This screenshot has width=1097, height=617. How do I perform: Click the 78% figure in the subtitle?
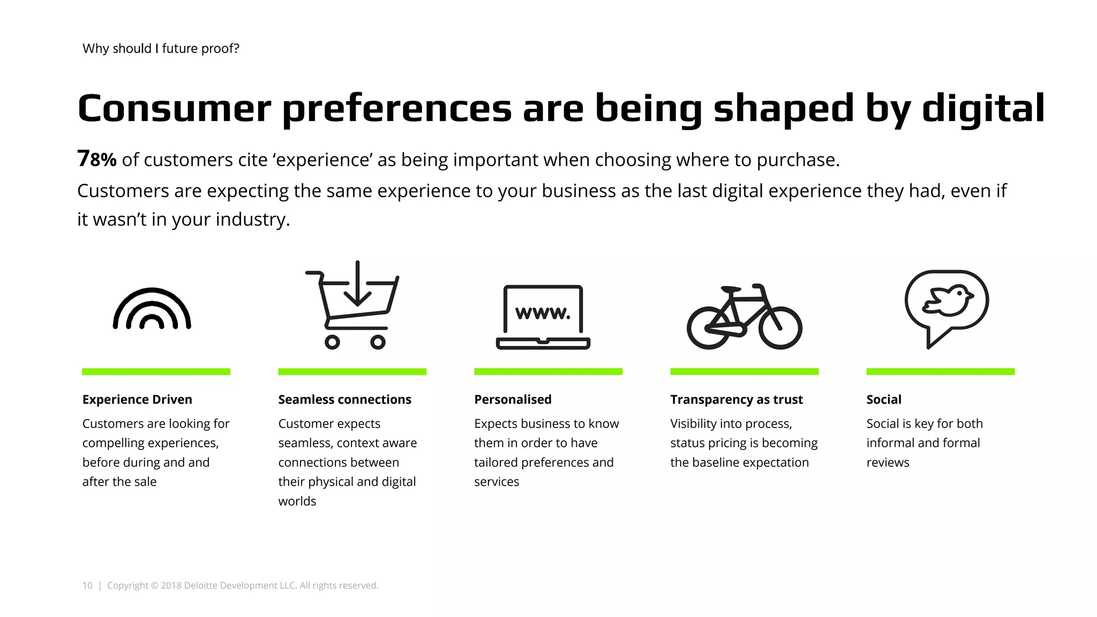(97, 159)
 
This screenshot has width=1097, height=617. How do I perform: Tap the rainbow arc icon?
(152, 309)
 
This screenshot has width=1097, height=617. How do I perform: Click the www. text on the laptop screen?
(543, 312)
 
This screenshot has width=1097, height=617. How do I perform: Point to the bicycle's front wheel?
(780, 328)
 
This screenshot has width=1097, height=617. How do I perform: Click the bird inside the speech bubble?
(946, 300)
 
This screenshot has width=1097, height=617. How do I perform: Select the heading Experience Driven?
(137, 400)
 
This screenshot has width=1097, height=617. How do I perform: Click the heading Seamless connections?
(344, 400)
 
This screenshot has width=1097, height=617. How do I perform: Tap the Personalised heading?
(513, 400)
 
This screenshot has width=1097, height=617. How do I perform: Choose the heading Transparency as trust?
(737, 400)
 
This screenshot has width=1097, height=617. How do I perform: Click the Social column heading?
(884, 400)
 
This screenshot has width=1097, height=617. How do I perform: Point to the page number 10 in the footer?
(87, 585)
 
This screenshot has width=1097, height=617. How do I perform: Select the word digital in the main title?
(983, 108)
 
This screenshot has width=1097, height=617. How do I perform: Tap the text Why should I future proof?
(161, 49)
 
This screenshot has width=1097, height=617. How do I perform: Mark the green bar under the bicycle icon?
(745, 372)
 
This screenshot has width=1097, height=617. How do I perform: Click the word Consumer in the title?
(175, 108)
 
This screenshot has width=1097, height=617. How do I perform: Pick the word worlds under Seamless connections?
(297, 501)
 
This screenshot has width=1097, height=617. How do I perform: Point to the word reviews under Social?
(888, 463)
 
